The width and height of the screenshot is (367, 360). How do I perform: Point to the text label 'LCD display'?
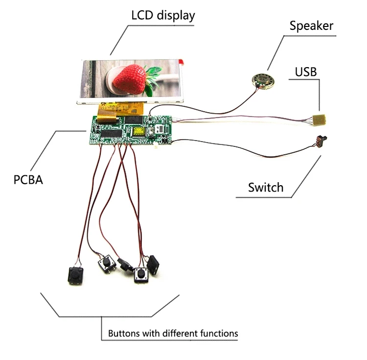(163, 15)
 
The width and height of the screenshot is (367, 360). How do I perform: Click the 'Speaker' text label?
(311, 26)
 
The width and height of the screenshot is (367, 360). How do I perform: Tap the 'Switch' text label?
(265, 187)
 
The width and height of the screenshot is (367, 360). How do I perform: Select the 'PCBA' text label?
(28, 180)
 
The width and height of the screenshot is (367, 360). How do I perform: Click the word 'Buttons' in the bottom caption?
(124, 334)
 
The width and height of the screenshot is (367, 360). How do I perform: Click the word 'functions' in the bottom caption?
(219, 334)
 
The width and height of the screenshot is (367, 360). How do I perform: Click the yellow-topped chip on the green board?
(138, 130)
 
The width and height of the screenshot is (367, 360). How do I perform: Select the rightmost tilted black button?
(154, 264)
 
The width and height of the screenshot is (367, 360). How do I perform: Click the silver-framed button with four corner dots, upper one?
(106, 265)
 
